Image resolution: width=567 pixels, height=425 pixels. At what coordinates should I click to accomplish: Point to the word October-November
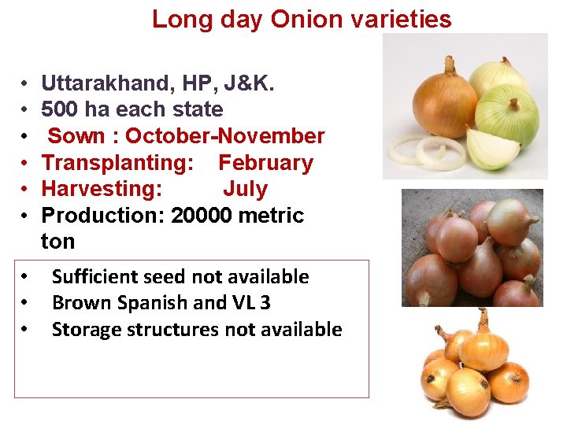click(224, 136)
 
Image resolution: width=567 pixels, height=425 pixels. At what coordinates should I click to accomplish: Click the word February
click(265, 163)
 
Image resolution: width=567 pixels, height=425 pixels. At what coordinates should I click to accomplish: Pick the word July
click(245, 189)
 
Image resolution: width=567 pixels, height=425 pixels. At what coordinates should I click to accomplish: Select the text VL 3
click(251, 303)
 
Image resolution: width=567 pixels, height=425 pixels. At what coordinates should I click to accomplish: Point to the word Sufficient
click(94, 277)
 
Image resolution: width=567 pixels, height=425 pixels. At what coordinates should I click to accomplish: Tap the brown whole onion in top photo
click(445, 98)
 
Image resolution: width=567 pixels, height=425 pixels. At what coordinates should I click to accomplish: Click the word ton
click(58, 241)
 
